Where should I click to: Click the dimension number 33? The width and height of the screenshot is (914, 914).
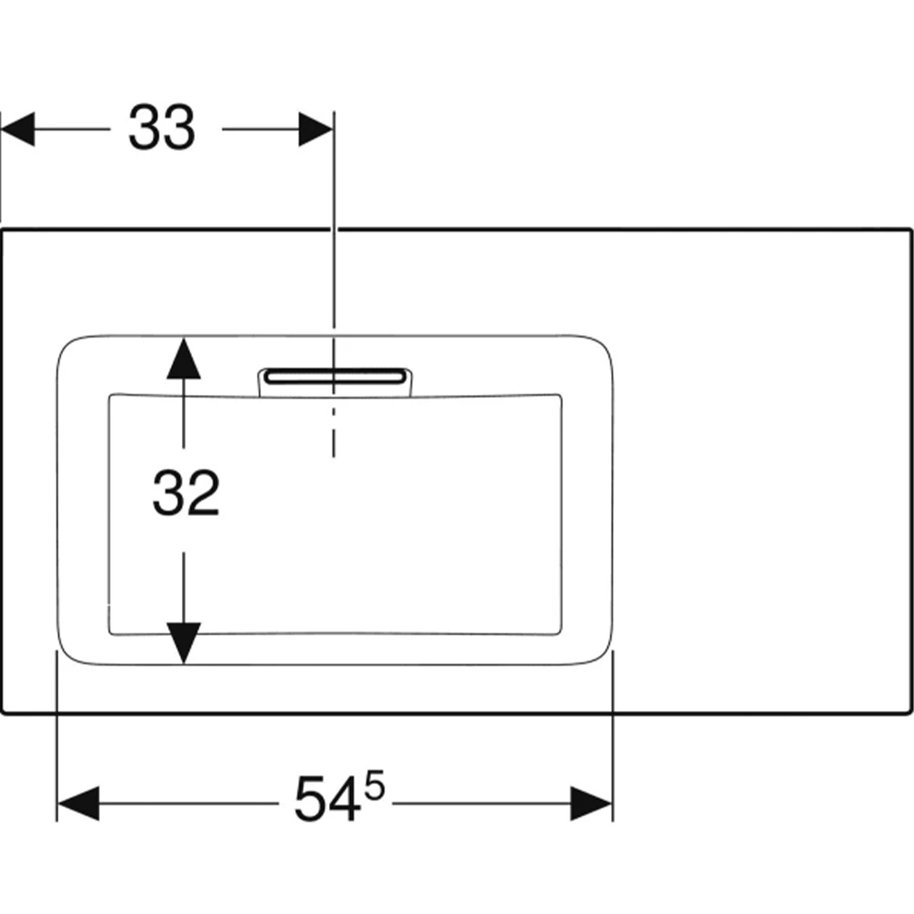tap(162, 128)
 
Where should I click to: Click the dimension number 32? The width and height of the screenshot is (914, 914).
tap(186, 494)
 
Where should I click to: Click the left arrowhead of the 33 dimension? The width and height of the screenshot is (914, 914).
tap(17, 129)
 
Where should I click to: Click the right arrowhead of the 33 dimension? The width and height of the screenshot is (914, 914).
tap(316, 129)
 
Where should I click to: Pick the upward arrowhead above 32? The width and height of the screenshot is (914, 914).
tap(184, 358)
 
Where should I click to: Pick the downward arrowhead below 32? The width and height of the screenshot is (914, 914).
tap(184, 643)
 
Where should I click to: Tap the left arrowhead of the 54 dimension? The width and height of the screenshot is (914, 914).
tap(78, 803)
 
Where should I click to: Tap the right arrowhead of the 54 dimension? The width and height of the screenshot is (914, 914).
tap(591, 803)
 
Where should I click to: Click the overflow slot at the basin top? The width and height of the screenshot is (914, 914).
tap(335, 377)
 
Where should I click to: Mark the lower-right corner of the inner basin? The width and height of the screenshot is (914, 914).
tap(561, 633)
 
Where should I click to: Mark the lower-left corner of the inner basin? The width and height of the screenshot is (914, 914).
tap(111, 633)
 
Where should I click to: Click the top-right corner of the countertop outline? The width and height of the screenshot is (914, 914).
tap(910, 229)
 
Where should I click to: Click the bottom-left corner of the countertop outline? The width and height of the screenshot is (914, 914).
tap(3, 712)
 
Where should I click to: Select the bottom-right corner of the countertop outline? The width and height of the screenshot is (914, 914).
tap(910, 712)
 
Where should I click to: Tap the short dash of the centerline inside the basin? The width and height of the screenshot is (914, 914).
tap(334, 412)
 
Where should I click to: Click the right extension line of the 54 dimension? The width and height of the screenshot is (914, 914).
tap(612, 736)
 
